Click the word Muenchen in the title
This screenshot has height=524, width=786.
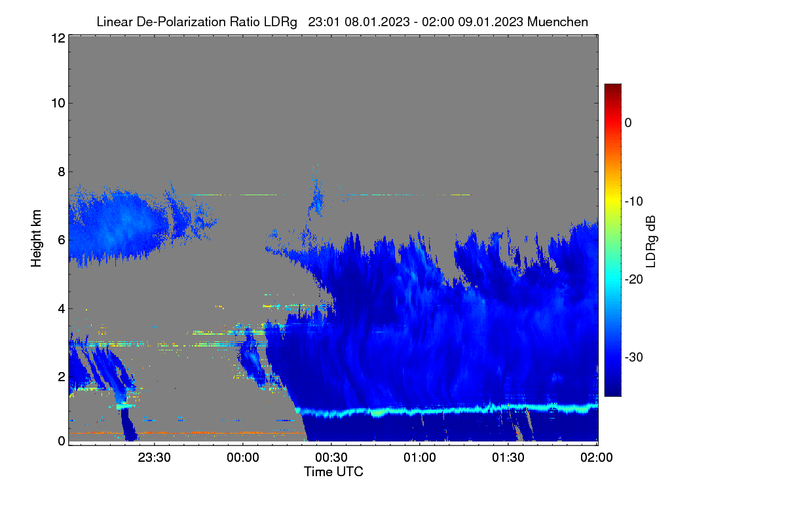tap(557, 22)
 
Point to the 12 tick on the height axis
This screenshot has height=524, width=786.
tap(58, 38)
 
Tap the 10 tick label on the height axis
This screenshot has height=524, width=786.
tap(58, 103)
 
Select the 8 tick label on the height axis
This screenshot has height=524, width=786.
tap(62, 172)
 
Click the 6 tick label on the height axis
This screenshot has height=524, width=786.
tap(62, 240)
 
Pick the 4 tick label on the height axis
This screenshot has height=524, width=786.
tap(62, 309)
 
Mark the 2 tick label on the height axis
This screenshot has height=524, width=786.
tap(62, 377)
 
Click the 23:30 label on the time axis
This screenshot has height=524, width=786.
tap(154, 457)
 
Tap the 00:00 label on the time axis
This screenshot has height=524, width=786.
tap(243, 457)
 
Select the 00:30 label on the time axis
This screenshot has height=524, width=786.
tap(331, 457)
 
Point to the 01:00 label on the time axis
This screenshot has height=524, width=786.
tap(420, 457)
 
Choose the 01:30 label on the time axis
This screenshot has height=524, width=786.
tap(508, 457)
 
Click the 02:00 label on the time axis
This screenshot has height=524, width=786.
tap(597, 457)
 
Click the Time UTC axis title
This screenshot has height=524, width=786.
tap(333, 472)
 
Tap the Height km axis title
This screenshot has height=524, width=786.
tap(36, 238)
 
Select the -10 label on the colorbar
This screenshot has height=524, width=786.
tap(634, 202)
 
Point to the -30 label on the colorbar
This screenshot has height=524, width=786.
tap(634, 357)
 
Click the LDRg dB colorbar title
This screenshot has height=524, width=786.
tap(651, 242)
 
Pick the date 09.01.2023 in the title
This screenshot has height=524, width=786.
tap(491, 22)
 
